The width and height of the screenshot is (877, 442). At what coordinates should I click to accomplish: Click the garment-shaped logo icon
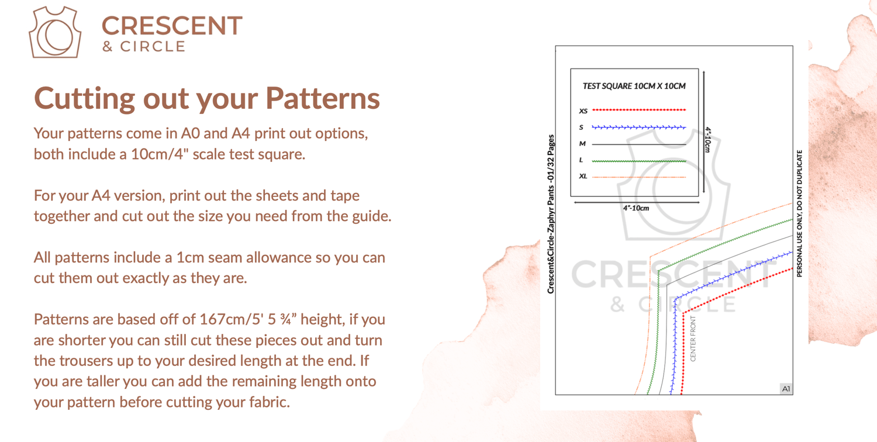tap(55, 33)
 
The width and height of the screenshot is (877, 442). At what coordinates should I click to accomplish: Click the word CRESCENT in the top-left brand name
tap(172, 26)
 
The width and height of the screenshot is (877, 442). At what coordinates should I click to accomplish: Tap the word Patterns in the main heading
tap(323, 98)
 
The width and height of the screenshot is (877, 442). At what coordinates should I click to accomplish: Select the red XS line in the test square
tap(639, 110)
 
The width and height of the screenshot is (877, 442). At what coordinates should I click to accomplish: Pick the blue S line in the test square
tap(639, 127)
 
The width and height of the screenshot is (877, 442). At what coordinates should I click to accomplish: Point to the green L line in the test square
tap(639, 161)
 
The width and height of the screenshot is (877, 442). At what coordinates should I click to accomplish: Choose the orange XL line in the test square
tap(639, 177)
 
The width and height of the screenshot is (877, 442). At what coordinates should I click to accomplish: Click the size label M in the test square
tap(582, 144)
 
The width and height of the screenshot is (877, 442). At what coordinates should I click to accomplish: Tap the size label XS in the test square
tap(583, 111)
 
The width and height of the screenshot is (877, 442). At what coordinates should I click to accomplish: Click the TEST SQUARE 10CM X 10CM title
tap(634, 86)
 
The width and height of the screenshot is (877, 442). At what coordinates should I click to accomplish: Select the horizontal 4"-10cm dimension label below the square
tap(636, 208)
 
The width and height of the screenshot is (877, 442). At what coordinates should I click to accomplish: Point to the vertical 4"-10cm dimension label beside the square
tap(708, 140)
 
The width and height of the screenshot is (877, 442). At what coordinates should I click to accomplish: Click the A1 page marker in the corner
tap(786, 389)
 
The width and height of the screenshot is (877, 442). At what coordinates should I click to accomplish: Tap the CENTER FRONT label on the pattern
tap(693, 339)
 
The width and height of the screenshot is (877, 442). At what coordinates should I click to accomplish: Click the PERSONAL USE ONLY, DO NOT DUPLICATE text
tap(799, 213)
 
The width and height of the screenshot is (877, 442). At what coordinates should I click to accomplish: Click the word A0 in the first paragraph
tap(190, 133)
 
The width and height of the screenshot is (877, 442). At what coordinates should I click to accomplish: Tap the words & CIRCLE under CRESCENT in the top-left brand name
tap(143, 47)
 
